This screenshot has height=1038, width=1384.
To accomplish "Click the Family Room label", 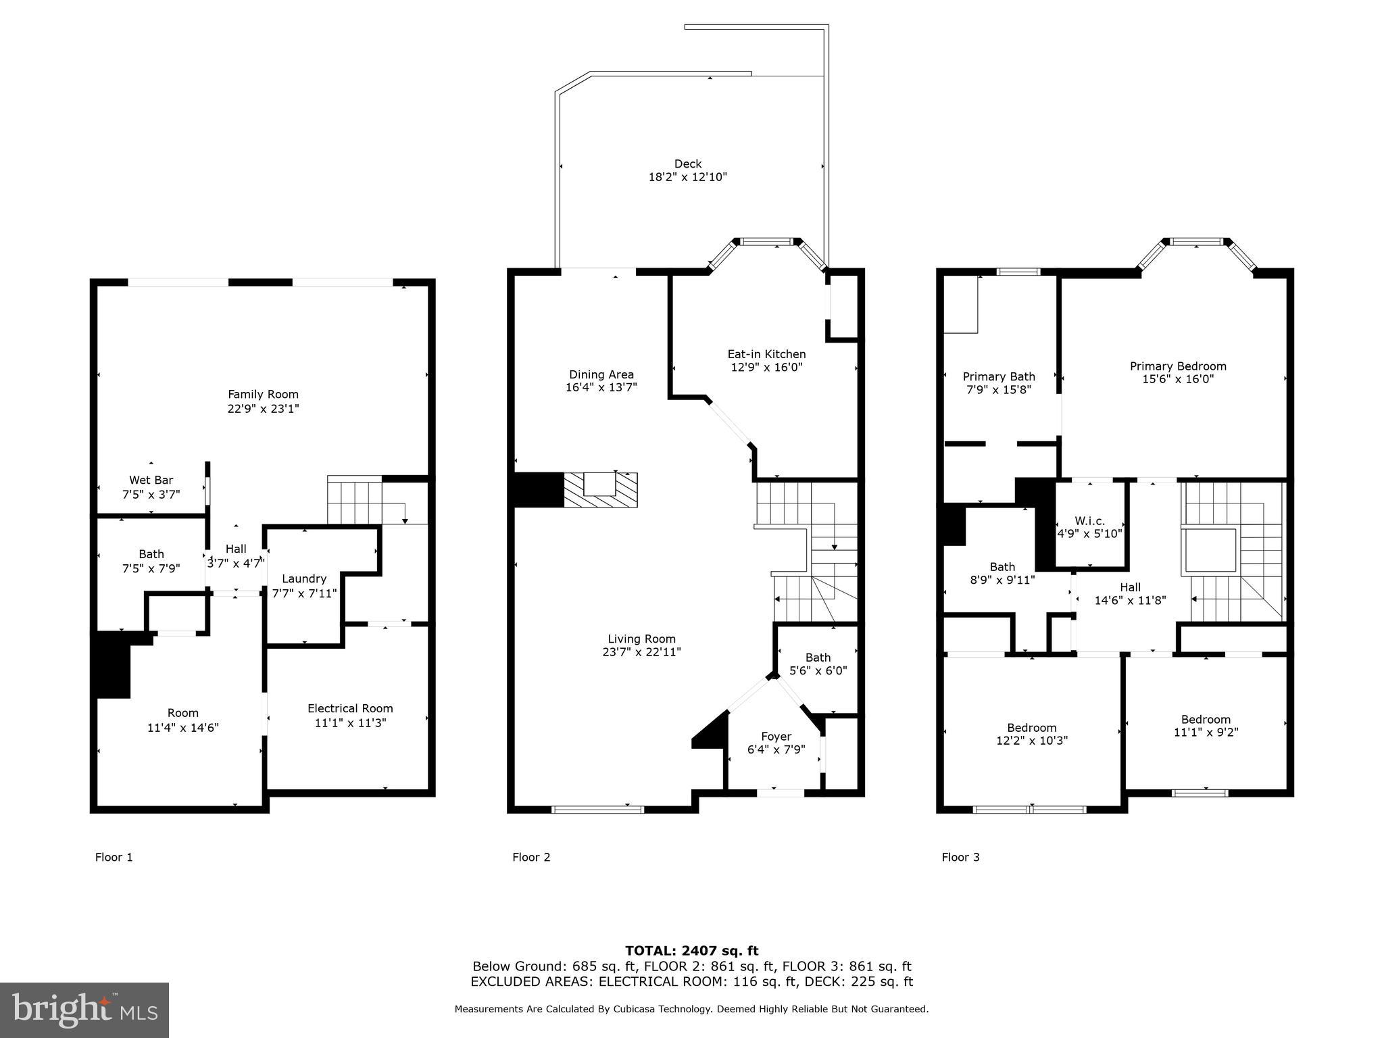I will tap(263, 394).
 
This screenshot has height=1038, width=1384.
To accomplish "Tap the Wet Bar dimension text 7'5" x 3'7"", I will tap(151, 494).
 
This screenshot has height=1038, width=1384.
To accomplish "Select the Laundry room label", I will tap(304, 578).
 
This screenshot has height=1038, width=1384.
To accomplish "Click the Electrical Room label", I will tap(350, 708).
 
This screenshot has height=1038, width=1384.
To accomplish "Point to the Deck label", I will tap(687, 164).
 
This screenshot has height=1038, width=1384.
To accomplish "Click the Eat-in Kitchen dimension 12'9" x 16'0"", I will tap(766, 368).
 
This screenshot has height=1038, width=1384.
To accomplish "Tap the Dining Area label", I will tap(601, 374).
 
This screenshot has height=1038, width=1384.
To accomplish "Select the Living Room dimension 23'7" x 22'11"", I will tap(641, 652).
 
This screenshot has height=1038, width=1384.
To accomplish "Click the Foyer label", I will tap(776, 736).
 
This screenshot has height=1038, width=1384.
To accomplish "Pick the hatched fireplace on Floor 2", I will tap(601, 490).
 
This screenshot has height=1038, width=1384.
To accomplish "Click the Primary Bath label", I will tap(998, 376).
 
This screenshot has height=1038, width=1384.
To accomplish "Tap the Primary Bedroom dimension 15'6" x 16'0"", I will tap(1177, 379).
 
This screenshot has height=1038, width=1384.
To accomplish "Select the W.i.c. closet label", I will tap(1089, 520).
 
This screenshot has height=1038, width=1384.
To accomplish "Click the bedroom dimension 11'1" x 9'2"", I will tap(1206, 732).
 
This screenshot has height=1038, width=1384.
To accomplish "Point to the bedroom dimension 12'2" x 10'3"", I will tap(1031, 740).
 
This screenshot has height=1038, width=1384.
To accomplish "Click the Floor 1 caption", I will tap(114, 857).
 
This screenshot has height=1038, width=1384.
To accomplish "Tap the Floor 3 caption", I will tap(960, 857).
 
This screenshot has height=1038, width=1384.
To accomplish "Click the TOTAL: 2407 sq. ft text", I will tap(691, 951).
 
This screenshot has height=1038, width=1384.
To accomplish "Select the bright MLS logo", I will tap(84, 1010).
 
